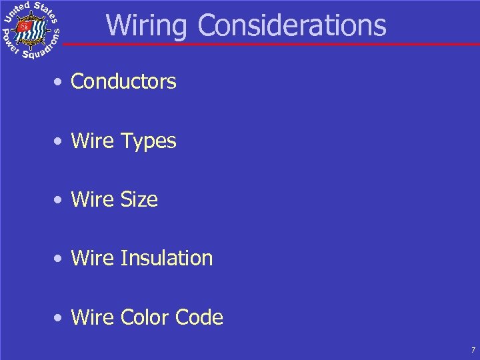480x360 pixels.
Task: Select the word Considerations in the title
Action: click(292, 25)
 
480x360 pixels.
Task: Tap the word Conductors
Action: click(123, 81)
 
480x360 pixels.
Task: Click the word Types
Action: click(148, 141)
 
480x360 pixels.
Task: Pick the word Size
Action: click(139, 199)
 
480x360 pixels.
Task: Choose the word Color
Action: click(145, 317)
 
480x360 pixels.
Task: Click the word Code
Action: click(199, 317)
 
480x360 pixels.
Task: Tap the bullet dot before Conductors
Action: click(60, 83)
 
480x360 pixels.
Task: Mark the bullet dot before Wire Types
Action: click(60, 141)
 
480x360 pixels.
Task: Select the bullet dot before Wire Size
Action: click(60, 200)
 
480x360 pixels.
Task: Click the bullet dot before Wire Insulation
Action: click(60, 259)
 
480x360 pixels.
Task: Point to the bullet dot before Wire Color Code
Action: click(60, 317)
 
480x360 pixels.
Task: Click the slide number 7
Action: click(473, 350)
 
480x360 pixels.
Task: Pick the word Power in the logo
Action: click(9, 41)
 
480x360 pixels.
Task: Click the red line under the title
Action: click(267, 45)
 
